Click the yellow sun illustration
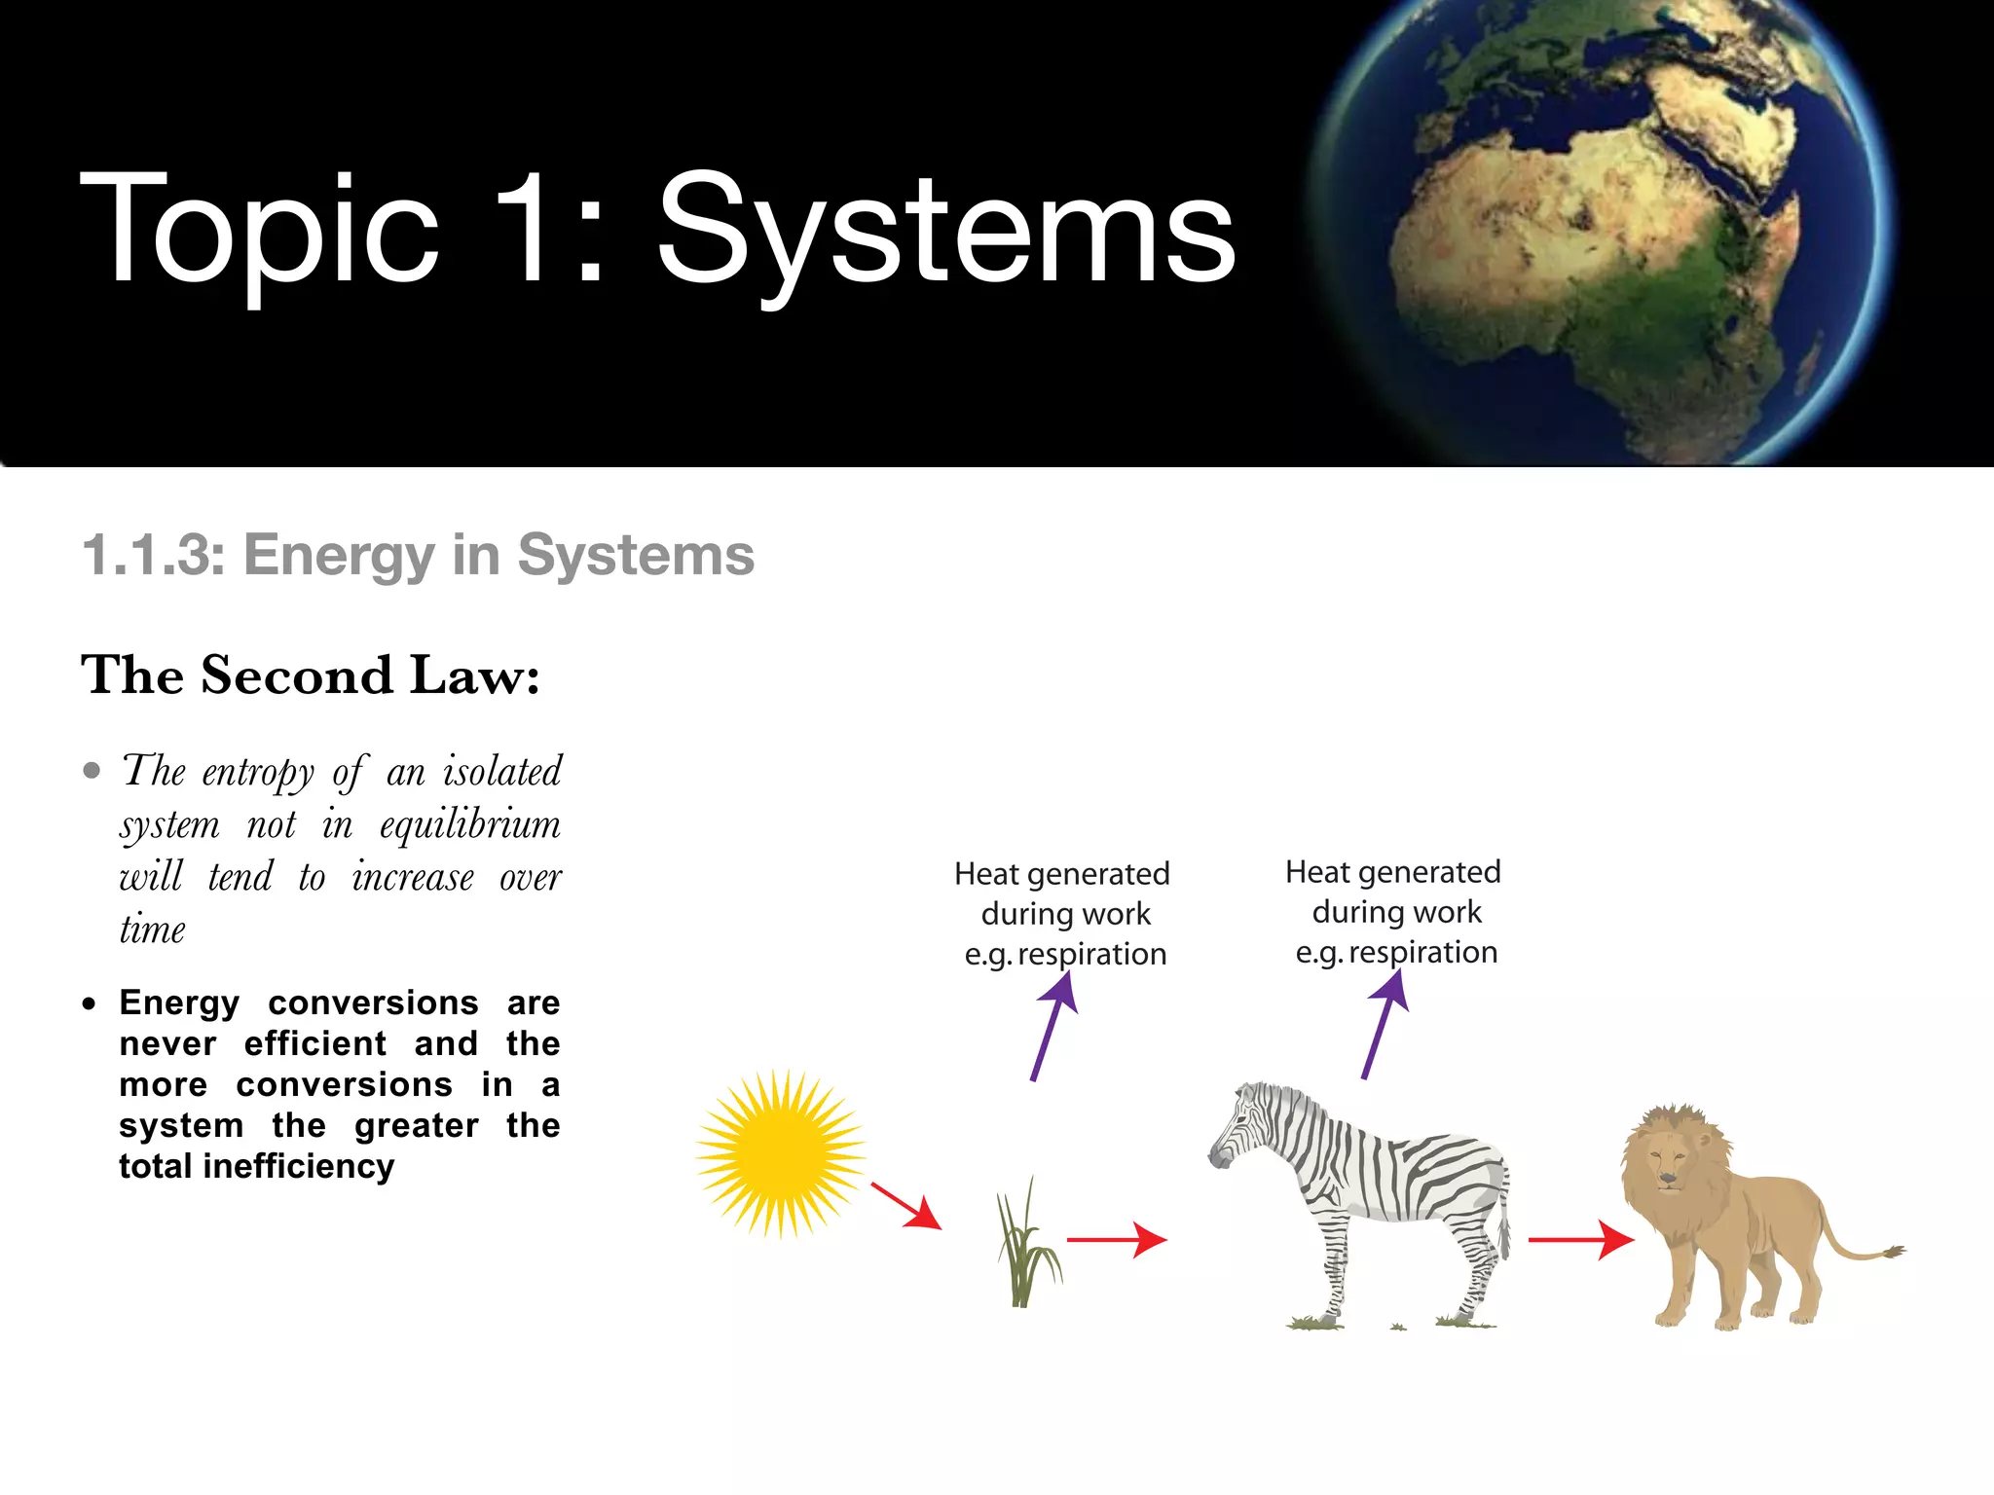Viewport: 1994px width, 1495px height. [x=781, y=1153]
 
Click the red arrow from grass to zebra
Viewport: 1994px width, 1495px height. [x=1116, y=1240]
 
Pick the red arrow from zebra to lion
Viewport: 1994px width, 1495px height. [x=1579, y=1240]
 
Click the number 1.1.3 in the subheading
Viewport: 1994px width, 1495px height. [x=154, y=556]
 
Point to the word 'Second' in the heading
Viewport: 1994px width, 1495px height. [x=297, y=675]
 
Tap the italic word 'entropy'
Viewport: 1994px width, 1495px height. [x=258, y=773]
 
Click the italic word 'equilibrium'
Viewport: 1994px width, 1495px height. [x=470, y=825]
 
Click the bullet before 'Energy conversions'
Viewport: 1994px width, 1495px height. [x=90, y=1003]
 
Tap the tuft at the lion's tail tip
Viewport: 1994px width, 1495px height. [x=1893, y=1252]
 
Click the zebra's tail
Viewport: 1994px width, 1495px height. [x=1504, y=1217]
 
